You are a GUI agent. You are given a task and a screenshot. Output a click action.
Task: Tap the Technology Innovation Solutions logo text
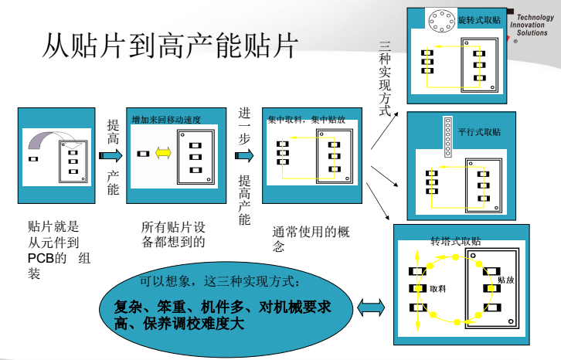[x=532, y=25]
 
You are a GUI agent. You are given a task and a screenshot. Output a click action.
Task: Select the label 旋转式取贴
[x=479, y=19]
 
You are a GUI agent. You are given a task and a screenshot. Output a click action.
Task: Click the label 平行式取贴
[x=479, y=132]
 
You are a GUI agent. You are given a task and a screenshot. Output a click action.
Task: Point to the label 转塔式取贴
[x=456, y=241]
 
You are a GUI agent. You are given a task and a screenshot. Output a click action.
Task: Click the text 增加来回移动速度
[x=166, y=120]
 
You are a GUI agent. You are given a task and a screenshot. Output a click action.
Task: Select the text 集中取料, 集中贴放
[x=306, y=120]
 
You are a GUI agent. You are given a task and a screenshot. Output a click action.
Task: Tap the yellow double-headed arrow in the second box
[x=163, y=153]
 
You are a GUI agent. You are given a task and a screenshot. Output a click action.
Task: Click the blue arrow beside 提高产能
[x=111, y=155]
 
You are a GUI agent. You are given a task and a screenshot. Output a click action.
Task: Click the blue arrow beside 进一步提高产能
[x=244, y=155]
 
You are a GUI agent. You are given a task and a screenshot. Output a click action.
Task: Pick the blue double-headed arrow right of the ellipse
[x=372, y=309]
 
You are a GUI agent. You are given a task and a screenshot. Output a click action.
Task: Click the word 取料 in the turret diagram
[x=438, y=288]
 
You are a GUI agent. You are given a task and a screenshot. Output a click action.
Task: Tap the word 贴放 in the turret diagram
[x=505, y=280]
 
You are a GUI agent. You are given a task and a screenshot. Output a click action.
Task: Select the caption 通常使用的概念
[x=306, y=239]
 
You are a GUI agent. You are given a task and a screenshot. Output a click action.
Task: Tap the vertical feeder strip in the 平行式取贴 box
[x=447, y=137]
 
